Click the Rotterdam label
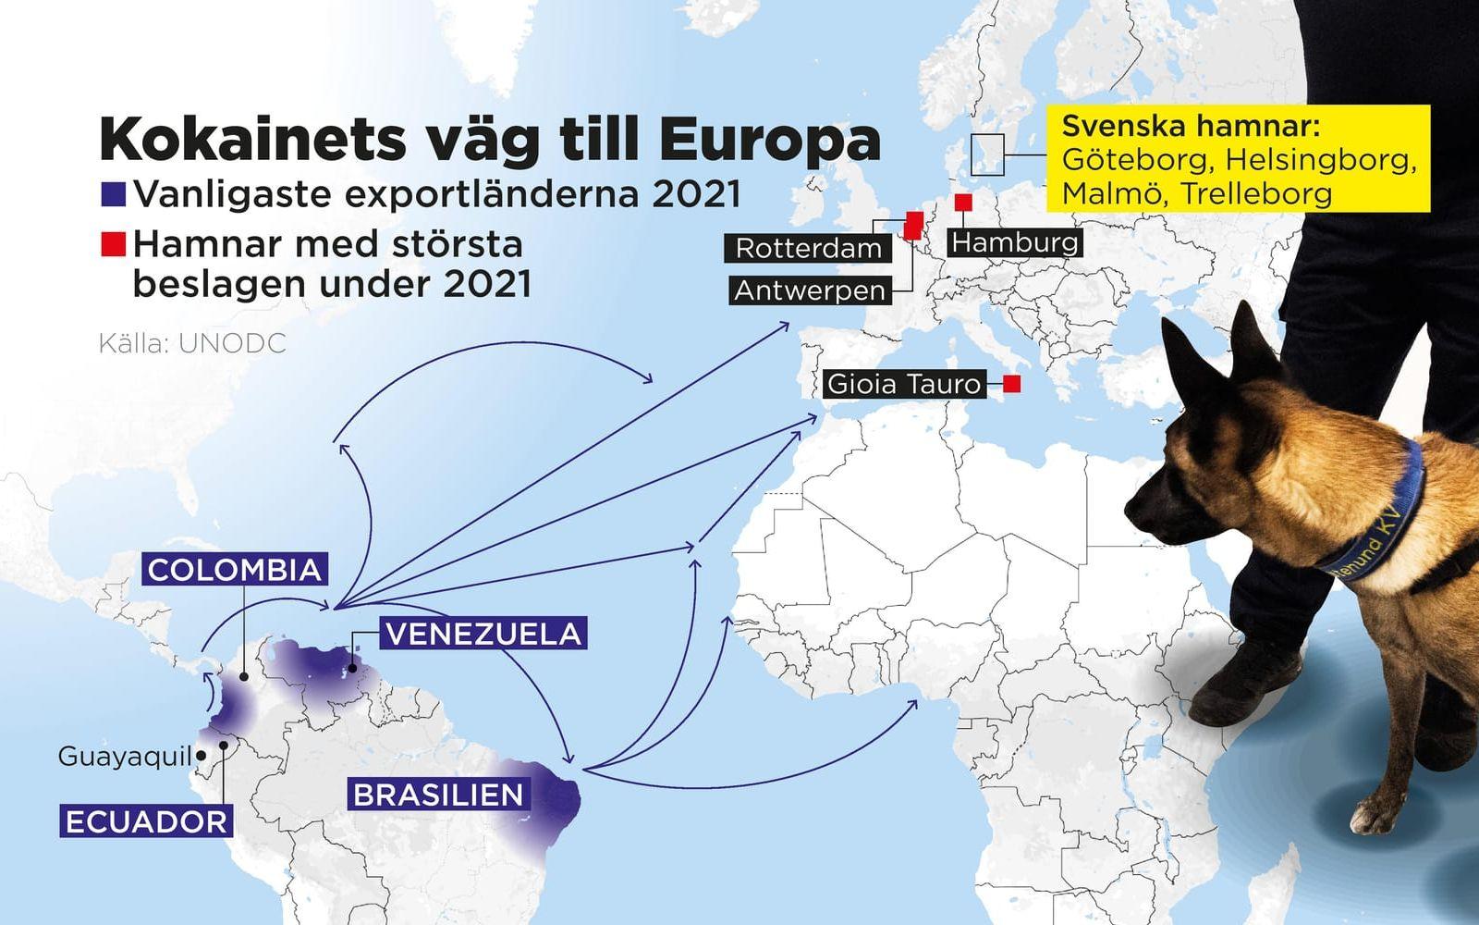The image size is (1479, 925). (809, 249)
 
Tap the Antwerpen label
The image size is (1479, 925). (810, 290)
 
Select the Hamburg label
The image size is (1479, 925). (1015, 242)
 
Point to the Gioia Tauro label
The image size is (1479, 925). (903, 383)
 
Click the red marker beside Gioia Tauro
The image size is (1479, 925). (1012, 384)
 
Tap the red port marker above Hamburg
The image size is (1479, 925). (963, 202)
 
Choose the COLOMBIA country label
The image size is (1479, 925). (235, 569)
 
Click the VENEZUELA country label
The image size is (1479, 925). (483, 634)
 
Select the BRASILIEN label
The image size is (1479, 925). (438, 795)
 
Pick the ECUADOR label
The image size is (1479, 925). (146, 821)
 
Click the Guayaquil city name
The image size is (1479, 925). (124, 757)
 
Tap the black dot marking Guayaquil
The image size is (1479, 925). (202, 756)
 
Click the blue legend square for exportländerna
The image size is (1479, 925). (114, 194)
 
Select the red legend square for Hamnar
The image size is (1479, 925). (114, 244)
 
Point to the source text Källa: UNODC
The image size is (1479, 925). (192, 343)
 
